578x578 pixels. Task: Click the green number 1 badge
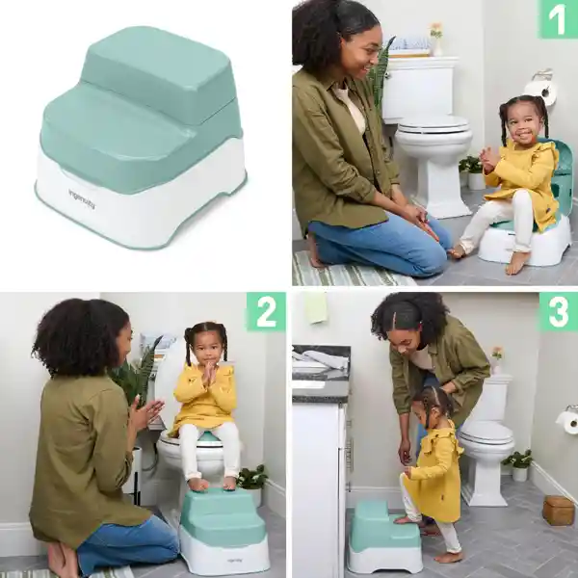tap(558, 19)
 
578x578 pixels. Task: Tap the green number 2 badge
tap(266, 311)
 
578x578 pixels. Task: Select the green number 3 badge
tap(559, 312)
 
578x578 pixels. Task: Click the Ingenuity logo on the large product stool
tap(82, 199)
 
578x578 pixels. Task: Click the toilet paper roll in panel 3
tap(567, 422)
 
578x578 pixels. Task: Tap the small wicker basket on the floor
tap(558, 511)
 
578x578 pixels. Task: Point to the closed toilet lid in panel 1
tap(433, 124)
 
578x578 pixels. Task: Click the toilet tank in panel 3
tap(494, 399)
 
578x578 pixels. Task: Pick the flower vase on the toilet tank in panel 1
tap(436, 39)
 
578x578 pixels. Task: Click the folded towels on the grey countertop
tap(320, 359)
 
